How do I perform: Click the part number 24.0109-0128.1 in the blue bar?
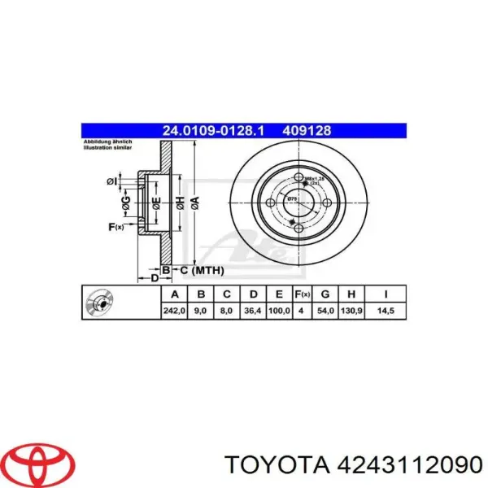pos(214,130)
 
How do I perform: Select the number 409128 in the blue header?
pos(306,130)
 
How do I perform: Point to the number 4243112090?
pos(403,464)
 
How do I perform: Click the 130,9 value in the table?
pos(351,311)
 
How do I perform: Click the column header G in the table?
pos(325,294)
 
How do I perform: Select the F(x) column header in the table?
pos(300,294)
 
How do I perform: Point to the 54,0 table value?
pos(325,311)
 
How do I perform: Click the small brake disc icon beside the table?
pos(102,303)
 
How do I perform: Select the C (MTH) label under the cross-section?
pos(202,269)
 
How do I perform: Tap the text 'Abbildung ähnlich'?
pos(107,143)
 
